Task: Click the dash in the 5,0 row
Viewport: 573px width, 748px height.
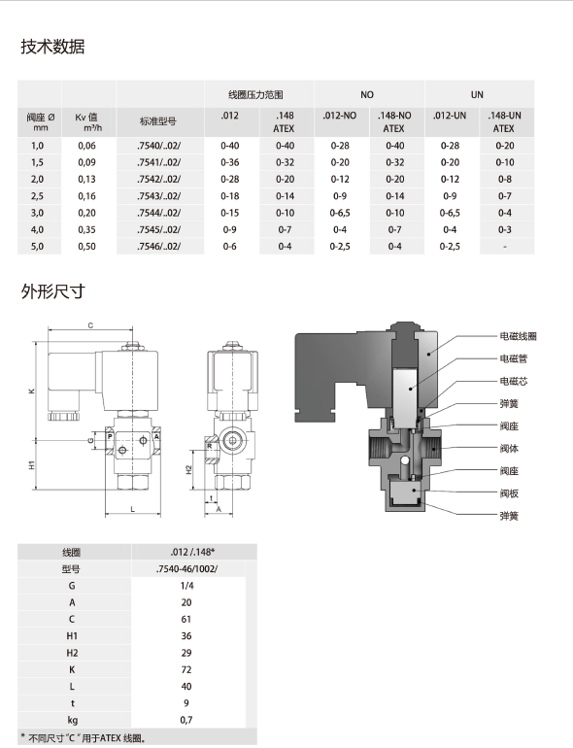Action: (504, 247)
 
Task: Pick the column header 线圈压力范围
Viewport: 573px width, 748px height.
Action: (257, 94)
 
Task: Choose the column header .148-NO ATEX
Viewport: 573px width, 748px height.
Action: (393, 120)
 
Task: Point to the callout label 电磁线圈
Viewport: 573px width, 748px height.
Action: (518, 336)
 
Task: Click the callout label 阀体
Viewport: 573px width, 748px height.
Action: (508, 448)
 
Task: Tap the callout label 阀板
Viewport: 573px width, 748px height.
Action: (508, 493)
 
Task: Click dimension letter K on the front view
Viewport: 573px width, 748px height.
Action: (31, 391)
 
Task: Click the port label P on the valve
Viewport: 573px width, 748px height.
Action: (110, 438)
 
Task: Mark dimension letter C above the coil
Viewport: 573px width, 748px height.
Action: (90, 325)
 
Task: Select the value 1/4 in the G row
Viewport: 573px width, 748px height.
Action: (187, 586)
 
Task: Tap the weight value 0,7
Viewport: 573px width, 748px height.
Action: (187, 719)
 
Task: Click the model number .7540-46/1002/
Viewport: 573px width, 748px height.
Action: (187, 569)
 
